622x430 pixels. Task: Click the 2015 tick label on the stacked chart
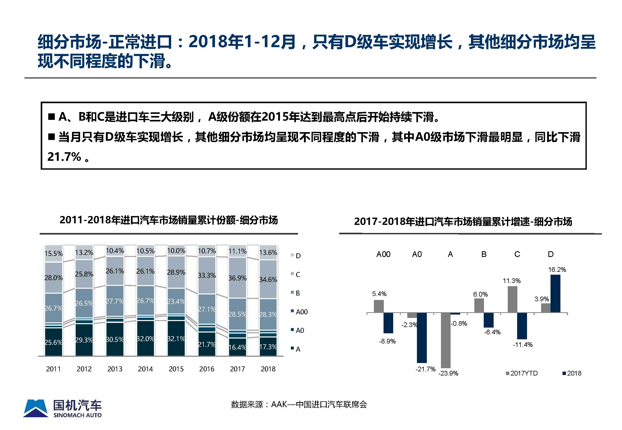176,369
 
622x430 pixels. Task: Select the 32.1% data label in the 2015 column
176,339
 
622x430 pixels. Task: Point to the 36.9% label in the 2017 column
237,278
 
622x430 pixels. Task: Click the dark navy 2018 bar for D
555,294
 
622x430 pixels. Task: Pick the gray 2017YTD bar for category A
445,340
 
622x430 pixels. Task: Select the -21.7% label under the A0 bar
425,369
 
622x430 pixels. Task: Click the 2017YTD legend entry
522,373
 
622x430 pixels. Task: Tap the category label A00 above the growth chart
383,254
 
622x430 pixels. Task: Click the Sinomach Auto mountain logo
35,408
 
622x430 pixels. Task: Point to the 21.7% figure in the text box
64,157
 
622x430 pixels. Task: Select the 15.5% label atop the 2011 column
53,254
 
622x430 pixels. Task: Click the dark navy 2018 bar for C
522,326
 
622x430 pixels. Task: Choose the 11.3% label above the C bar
511,281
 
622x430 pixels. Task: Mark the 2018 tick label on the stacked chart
268,369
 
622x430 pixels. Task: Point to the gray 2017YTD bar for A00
378,306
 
